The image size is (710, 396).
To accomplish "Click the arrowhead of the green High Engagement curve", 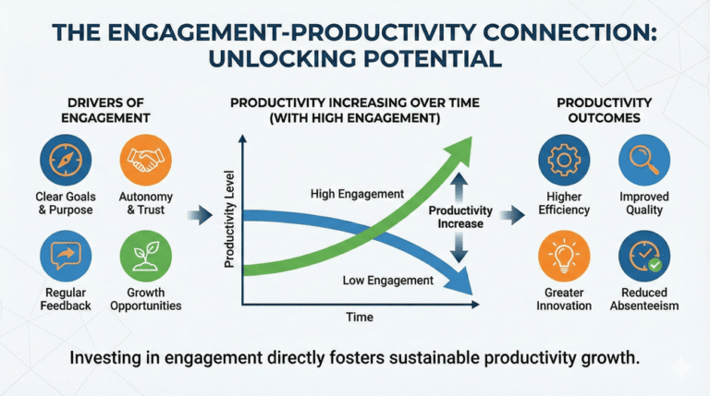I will (x=459, y=150).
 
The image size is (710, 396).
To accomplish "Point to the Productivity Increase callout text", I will (x=460, y=218).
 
